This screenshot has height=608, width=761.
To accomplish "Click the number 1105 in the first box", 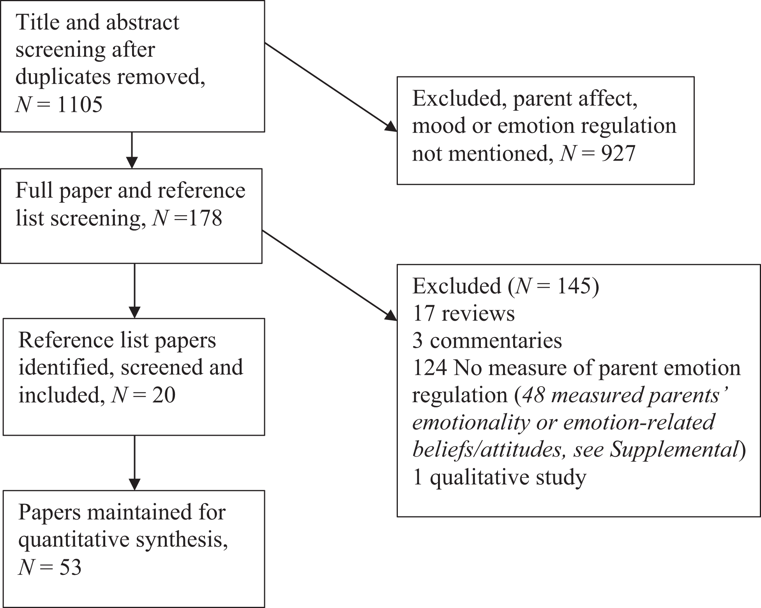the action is (x=80, y=104).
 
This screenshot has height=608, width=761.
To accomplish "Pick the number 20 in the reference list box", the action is (x=164, y=395).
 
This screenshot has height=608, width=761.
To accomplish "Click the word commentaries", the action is (x=496, y=341).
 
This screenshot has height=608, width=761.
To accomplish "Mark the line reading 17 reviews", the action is (x=464, y=313).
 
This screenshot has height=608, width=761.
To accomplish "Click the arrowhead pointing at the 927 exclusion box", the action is (x=391, y=127).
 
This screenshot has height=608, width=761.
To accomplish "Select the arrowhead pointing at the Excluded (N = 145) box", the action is (x=391, y=316).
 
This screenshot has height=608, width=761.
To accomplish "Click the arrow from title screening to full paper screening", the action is (x=132, y=150).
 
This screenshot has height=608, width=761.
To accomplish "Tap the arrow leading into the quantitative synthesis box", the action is (x=134, y=463).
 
